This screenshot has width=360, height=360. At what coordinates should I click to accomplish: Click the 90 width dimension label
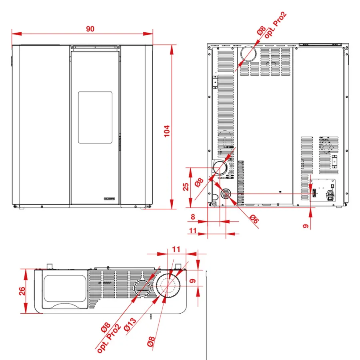click(x=90, y=29)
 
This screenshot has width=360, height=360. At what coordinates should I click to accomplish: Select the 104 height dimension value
click(x=167, y=131)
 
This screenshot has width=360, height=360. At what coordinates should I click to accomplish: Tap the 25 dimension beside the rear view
click(x=186, y=187)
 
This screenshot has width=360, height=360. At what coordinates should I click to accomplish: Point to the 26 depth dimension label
click(x=22, y=291)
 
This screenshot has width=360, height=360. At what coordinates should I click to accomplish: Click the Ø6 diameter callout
click(x=254, y=219)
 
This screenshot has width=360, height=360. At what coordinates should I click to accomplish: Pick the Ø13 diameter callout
click(x=130, y=325)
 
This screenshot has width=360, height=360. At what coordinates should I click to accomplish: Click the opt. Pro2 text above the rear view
click(x=276, y=25)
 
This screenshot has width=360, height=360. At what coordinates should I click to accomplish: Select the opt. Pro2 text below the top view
click(x=109, y=338)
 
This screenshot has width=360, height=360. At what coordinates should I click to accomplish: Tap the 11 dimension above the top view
click(x=176, y=249)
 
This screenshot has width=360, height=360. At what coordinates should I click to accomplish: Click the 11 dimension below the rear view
click(x=193, y=230)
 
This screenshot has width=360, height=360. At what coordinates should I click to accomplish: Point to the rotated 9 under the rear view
click(x=306, y=226)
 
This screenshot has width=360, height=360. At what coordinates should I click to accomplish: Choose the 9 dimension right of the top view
click(x=193, y=281)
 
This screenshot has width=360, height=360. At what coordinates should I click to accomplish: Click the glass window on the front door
click(x=95, y=118)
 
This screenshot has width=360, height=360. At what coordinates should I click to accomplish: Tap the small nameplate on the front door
click(x=109, y=198)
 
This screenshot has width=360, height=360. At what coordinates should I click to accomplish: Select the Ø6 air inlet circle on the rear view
click(x=226, y=194)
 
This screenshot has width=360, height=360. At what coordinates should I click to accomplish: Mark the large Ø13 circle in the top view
click(x=168, y=285)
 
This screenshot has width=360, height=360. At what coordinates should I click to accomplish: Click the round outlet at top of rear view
click(x=248, y=54)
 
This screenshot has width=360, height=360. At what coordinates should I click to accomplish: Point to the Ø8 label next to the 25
click(x=199, y=182)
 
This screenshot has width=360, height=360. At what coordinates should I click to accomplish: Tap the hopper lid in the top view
click(x=65, y=289)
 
